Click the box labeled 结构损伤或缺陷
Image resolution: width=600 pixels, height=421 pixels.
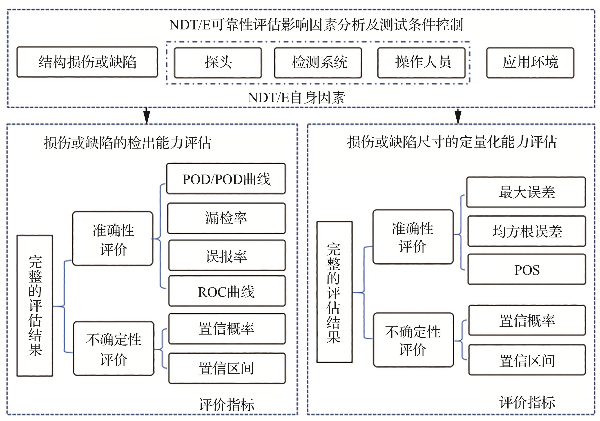(x=87, y=62)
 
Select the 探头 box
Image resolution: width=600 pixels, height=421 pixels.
(x=218, y=63)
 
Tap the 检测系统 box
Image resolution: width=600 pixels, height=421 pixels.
(x=318, y=63)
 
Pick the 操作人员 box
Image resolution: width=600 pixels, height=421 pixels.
(x=422, y=63)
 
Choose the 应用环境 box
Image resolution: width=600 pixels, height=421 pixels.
(x=530, y=63)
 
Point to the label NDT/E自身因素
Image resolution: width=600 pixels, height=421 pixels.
(x=297, y=98)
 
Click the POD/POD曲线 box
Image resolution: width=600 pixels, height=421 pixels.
(x=226, y=179)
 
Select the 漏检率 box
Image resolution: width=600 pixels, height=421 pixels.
(x=226, y=218)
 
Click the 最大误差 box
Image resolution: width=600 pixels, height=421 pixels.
(x=526, y=192)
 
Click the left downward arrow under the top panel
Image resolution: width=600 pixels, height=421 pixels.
(x=147, y=116)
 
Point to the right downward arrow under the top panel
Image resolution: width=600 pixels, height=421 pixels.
(x=458, y=116)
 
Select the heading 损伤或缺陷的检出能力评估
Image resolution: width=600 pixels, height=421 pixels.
(x=127, y=143)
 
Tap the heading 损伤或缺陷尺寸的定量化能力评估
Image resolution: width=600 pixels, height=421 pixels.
(x=452, y=142)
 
